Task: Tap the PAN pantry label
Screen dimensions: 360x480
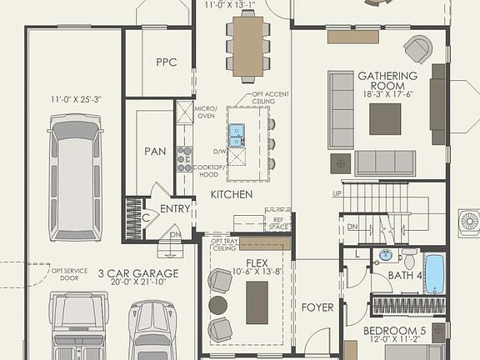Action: point(155,152)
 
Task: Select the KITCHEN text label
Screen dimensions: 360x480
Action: point(231,194)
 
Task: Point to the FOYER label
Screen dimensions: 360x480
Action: point(317,307)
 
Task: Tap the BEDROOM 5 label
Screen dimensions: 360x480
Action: point(394,331)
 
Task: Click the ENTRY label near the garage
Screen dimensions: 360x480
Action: point(175,209)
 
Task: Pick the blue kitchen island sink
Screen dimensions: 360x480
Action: point(237,132)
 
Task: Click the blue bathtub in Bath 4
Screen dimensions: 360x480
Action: point(434,274)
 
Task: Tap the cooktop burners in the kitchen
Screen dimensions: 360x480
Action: point(184,158)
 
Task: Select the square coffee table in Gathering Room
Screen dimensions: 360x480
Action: point(384,118)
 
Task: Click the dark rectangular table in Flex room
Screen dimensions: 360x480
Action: point(257,302)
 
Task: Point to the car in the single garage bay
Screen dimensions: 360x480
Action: point(75,177)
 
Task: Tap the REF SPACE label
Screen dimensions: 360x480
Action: point(278,222)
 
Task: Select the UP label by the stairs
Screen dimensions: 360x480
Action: point(337,193)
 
